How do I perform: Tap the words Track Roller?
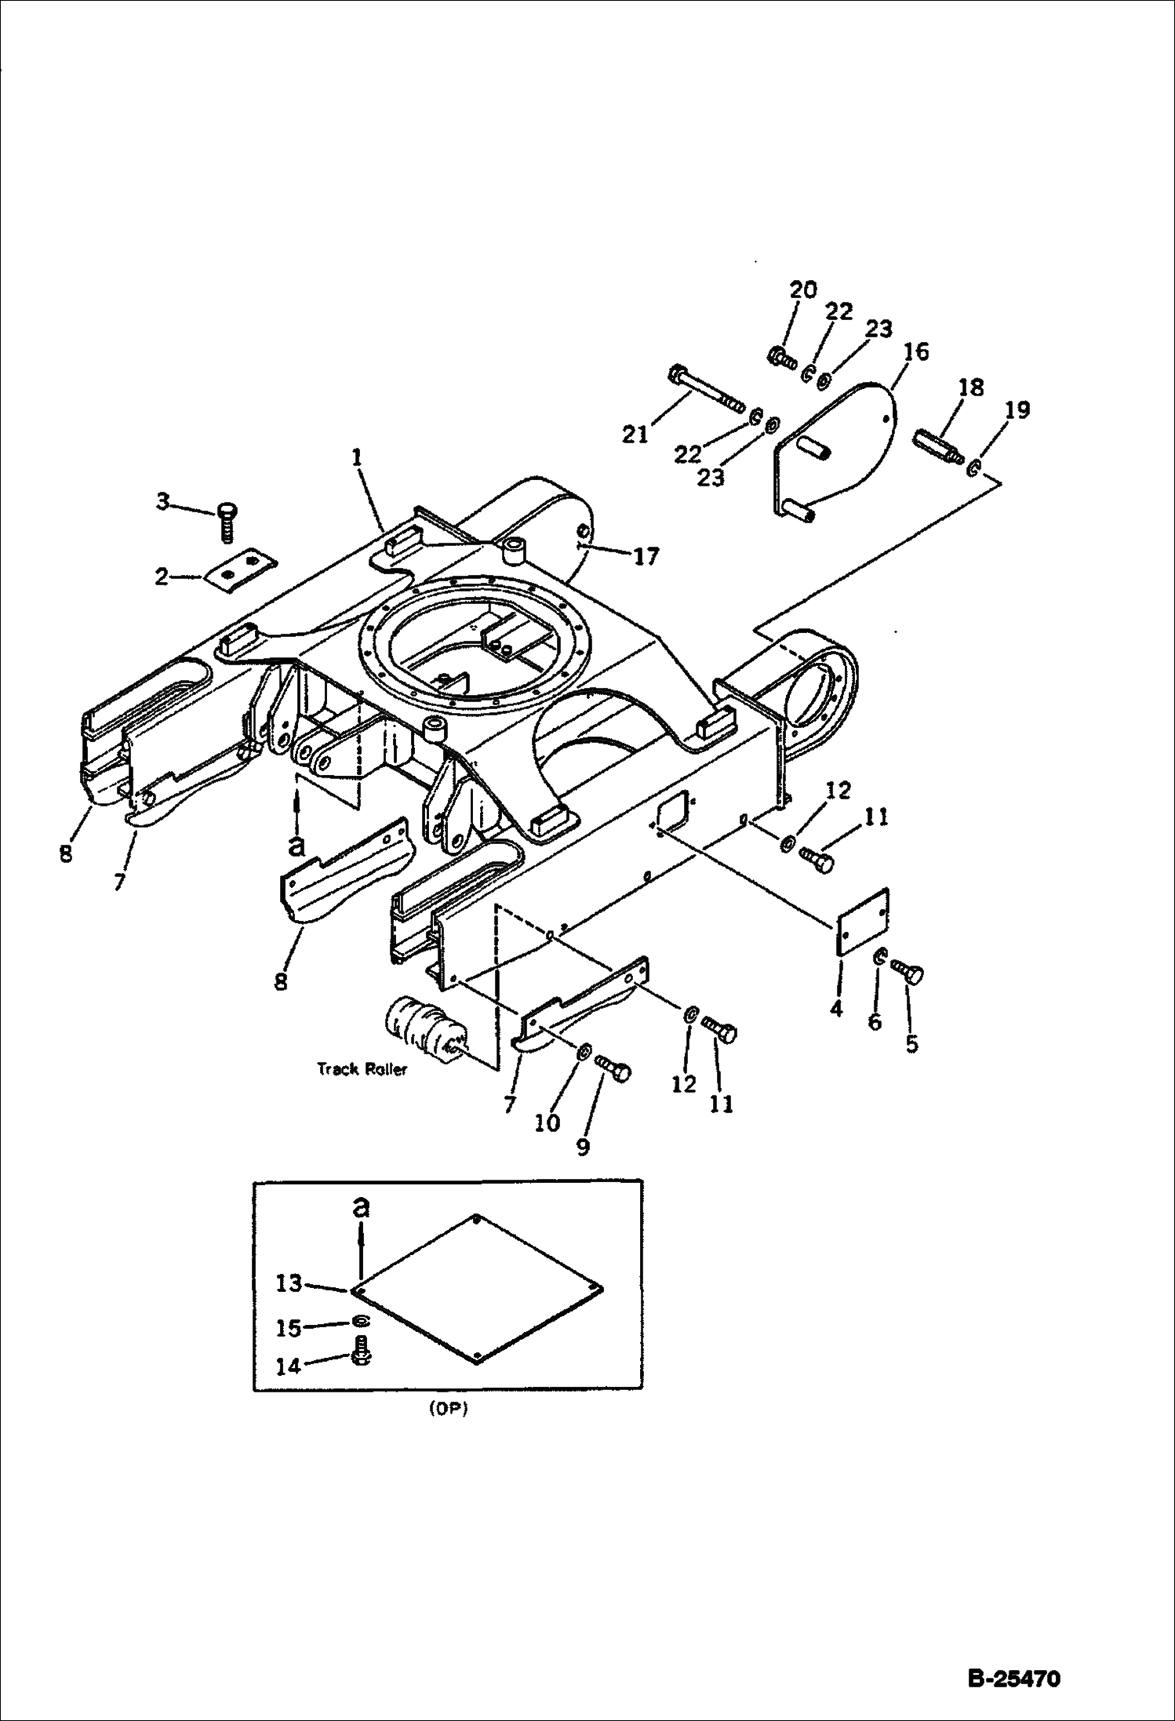pos(362,1069)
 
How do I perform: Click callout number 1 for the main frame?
pos(357,457)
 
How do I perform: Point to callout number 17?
pos(646,556)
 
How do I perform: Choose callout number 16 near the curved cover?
pos(915,351)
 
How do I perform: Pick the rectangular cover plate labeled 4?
pos(861,922)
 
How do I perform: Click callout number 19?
pos(1017,409)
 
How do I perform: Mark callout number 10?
pos(547,1122)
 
